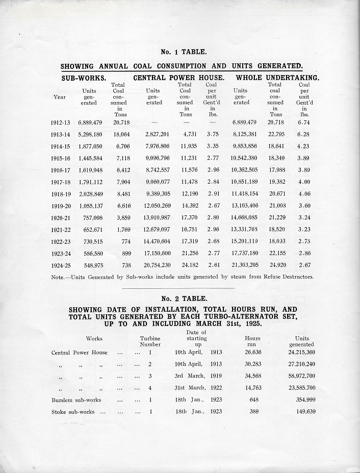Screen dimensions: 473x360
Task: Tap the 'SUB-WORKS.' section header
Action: tap(84, 78)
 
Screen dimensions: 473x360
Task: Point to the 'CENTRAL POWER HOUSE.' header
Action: tap(179, 78)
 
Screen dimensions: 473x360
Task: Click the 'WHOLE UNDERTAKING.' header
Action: tap(277, 78)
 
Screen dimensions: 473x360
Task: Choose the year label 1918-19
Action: tap(62, 194)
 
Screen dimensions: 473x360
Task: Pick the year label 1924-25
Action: tap(62, 265)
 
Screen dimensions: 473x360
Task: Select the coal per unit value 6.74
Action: tap(304, 123)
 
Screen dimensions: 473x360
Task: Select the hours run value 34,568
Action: tap(253, 376)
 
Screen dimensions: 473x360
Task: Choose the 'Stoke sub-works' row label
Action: tap(73, 412)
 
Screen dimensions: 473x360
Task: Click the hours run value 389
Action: tap(253, 412)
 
